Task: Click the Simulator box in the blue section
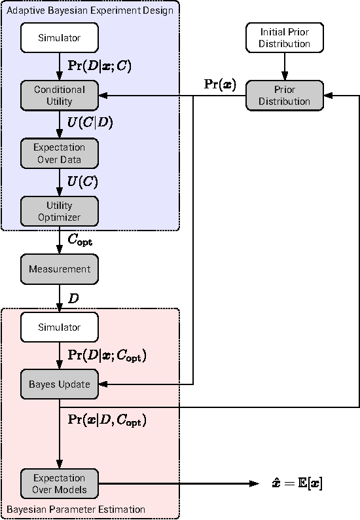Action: point(60,38)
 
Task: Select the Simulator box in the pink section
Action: point(60,327)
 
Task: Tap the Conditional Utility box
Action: point(60,96)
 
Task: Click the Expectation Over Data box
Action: point(60,153)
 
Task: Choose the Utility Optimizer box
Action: point(60,211)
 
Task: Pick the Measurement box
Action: point(60,269)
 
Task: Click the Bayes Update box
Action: point(60,384)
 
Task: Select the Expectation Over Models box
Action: point(60,483)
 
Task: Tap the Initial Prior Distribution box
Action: point(285,38)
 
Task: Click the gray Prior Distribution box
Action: point(285,96)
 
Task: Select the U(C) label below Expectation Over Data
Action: point(82,181)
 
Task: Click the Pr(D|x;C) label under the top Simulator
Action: point(99,66)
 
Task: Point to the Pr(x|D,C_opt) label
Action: point(107,420)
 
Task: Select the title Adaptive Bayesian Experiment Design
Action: point(90,10)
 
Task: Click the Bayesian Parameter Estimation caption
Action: point(76,509)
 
